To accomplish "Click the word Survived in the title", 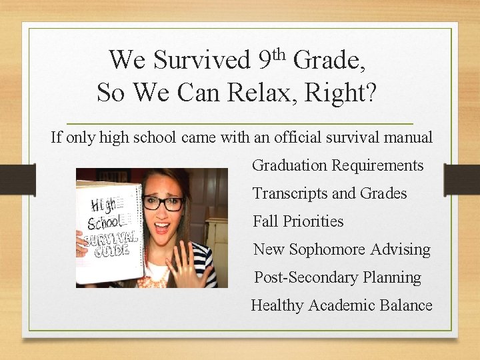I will click(201, 60).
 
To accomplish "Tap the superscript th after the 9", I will click(279, 51).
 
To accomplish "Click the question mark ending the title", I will click(370, 92).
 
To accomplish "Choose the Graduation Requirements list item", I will click(337, 165).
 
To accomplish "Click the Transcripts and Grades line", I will click(329, 193).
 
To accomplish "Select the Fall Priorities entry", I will click(298, 221).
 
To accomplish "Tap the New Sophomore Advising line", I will click(341, 249).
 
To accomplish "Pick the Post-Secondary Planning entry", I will click(337, 277).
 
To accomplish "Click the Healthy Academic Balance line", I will click(341, 305).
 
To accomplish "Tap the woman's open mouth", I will click(162, 227).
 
